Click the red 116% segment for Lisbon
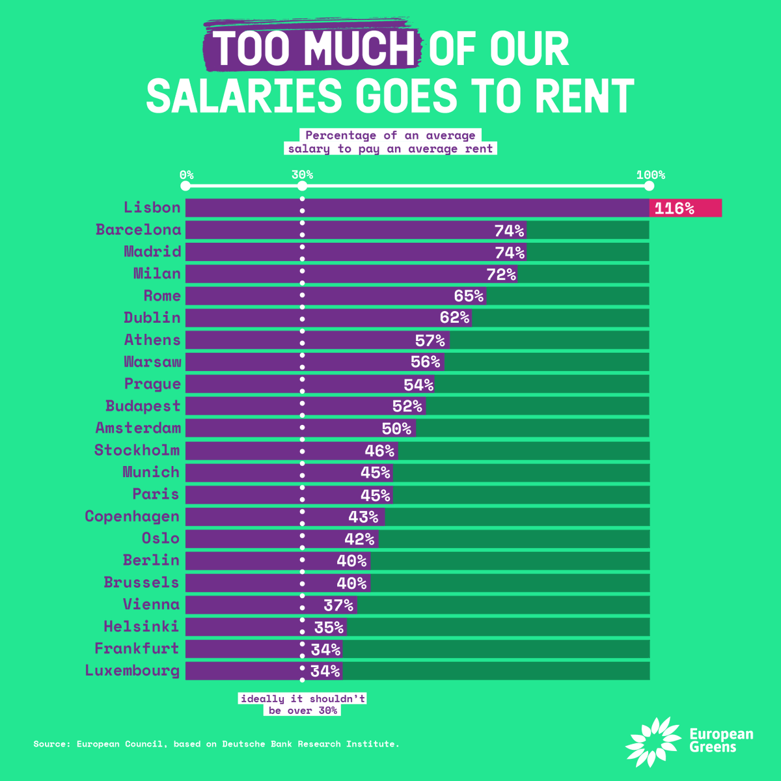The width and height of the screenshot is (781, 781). click(x=685, y=208)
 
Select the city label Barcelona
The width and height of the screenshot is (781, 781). click(x=138, y=230)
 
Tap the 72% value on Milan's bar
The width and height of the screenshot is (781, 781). click(x=500, y=274)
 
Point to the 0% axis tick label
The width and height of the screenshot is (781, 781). click(x=186, y=174)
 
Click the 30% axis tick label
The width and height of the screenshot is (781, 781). click(x=302, y=174)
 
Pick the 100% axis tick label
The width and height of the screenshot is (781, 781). click(x=650, y=174)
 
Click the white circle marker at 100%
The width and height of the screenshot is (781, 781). click(x=649, y=186)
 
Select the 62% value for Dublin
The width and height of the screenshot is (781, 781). click(x=454, y=318)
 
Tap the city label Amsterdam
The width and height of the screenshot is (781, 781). click(x=138, y=428)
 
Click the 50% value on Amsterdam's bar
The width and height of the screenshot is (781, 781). click(x=396, y=428)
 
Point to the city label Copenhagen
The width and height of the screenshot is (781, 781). click(x=132, y=517)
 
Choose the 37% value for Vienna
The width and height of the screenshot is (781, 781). click(x=338, y=605)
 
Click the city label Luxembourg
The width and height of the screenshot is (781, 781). click(x=132, y=671)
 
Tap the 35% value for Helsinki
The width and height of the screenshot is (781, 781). click(x=329, y=627)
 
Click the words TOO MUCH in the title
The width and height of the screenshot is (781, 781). click(x=314, y=49)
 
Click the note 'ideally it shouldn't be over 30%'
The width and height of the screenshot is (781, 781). click(x=303, y=704)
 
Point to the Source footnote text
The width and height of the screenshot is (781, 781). click(x=216, y=744)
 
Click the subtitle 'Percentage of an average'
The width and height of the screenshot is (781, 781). click(x=390, y=135)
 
